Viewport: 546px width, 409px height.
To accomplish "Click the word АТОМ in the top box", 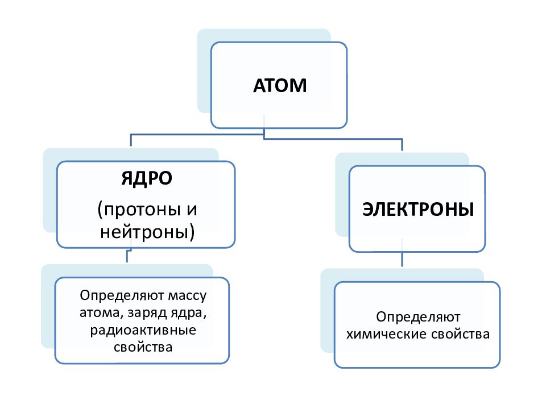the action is point(280,86).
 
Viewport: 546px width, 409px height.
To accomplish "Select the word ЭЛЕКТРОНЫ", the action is point(418,210).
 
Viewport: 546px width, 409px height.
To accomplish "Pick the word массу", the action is point(187,295).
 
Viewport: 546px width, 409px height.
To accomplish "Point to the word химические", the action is point(386,334).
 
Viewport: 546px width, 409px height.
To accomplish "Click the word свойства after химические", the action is point(460,335).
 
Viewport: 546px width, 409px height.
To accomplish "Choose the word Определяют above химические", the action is point(418,317).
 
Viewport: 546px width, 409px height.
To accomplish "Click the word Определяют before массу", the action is point(122,295).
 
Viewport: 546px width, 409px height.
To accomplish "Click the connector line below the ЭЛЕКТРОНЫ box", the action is point(402,259).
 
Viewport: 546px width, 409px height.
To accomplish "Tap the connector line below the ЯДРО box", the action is point(127,256).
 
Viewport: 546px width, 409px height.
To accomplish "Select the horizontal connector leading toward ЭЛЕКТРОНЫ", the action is point(333,139).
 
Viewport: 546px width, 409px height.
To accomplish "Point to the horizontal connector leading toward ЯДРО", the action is point(197,134).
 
